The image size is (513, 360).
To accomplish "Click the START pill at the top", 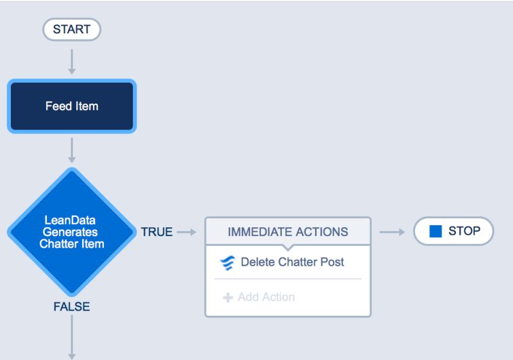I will pyautogui.click(x=71, y=30).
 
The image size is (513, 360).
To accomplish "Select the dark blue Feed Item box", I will pyautogui.click(x=71, y=107).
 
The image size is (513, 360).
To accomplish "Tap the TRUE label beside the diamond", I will pyautogui.click(x=157, y=232).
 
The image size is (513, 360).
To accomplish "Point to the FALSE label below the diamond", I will pyautogui.click(x=71, y=307).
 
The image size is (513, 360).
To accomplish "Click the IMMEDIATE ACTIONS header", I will pyautogui.click(x=288, y=232).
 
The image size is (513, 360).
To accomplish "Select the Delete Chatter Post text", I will pyautogui.click(x=292, y=262).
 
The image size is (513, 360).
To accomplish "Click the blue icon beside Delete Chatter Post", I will pyautogui.click(x=228, y=262).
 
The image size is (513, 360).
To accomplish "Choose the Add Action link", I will pyautogui.click(x=265, y=297).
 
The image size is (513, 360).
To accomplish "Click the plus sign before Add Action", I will pyautogui.click(x=227, y=298).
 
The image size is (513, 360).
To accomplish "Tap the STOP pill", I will pyautogui.click(x=453, y=231).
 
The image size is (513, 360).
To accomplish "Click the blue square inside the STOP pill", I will pyautogui.click(x=435, y=232).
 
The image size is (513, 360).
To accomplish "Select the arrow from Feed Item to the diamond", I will pyautogui.click(x=72, y=150).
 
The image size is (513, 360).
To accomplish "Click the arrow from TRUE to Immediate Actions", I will pyautogui.click(x=186, y=232).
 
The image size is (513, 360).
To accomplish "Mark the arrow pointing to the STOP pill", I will pyautogui.click(x=392, y=232).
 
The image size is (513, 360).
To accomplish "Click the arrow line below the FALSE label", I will pyautogui.click(x=72, y=337).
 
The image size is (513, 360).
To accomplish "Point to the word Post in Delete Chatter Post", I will pyautogui.click(x=333, y=262).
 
